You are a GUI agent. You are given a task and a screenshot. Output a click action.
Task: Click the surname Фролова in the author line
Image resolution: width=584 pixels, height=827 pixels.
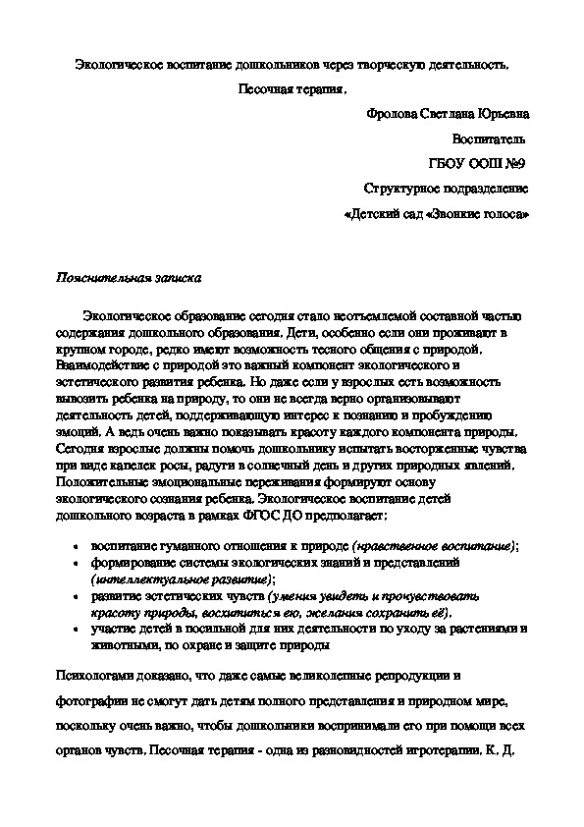coord(391,114)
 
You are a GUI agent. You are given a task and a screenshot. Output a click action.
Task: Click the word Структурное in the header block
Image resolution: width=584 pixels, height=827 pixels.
coord(399,188)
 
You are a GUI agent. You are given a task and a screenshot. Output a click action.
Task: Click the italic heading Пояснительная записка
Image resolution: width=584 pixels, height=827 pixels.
coord(128,277)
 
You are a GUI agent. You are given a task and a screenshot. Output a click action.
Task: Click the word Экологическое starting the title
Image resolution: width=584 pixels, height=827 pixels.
coord(119,65)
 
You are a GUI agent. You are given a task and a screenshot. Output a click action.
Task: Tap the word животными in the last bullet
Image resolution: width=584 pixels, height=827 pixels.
coord(120,646)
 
